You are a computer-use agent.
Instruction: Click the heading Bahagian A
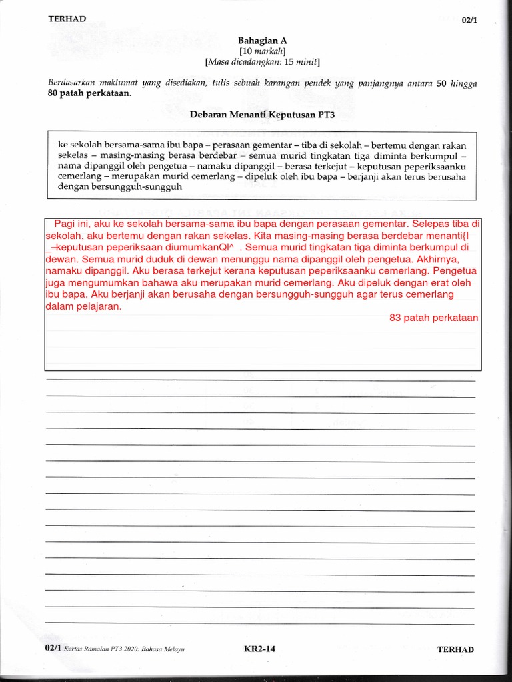point(263,41)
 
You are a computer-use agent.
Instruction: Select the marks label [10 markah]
point(263,51)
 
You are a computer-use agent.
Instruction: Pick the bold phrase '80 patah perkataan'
point(89,94)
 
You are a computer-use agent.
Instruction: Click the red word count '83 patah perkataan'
point(434,318)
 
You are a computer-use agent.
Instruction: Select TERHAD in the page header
point(67,19)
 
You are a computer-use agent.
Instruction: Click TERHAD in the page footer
point(455,650)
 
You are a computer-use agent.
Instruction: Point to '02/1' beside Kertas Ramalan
point(53,649)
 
